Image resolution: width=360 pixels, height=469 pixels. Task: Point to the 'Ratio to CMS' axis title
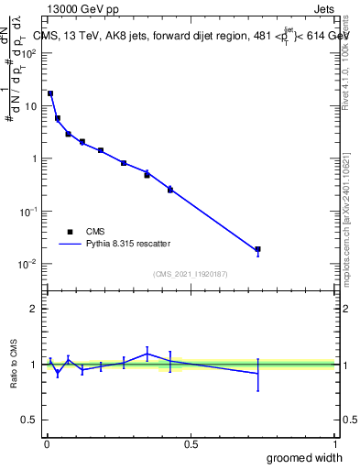pos(14,364)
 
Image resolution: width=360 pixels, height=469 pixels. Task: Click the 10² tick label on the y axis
pos(28,53)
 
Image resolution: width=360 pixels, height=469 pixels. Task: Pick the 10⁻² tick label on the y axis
pos(28,264)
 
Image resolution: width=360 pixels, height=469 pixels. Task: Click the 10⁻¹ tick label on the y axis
pos(28,212)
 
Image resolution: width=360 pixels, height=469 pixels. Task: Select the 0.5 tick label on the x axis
pos(191,444)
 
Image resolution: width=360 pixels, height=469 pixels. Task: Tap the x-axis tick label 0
pos(46,444)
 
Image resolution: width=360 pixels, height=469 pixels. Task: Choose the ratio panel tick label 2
pos(33,309)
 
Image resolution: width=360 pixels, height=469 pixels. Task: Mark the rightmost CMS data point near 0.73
pos(258,249)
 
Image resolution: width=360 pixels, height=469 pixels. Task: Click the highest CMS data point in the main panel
pos(50,93)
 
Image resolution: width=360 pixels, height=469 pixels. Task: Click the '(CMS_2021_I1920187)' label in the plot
pos(191,274)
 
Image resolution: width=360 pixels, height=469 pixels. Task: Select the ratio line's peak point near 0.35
pos(147,354)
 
